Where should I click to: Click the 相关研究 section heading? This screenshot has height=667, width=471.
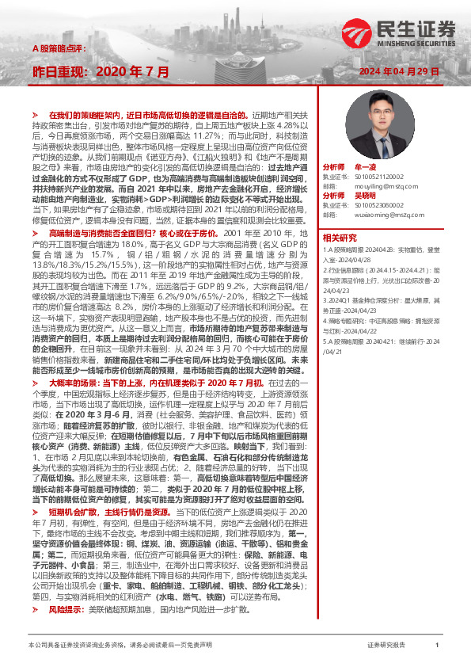(340, 237)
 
